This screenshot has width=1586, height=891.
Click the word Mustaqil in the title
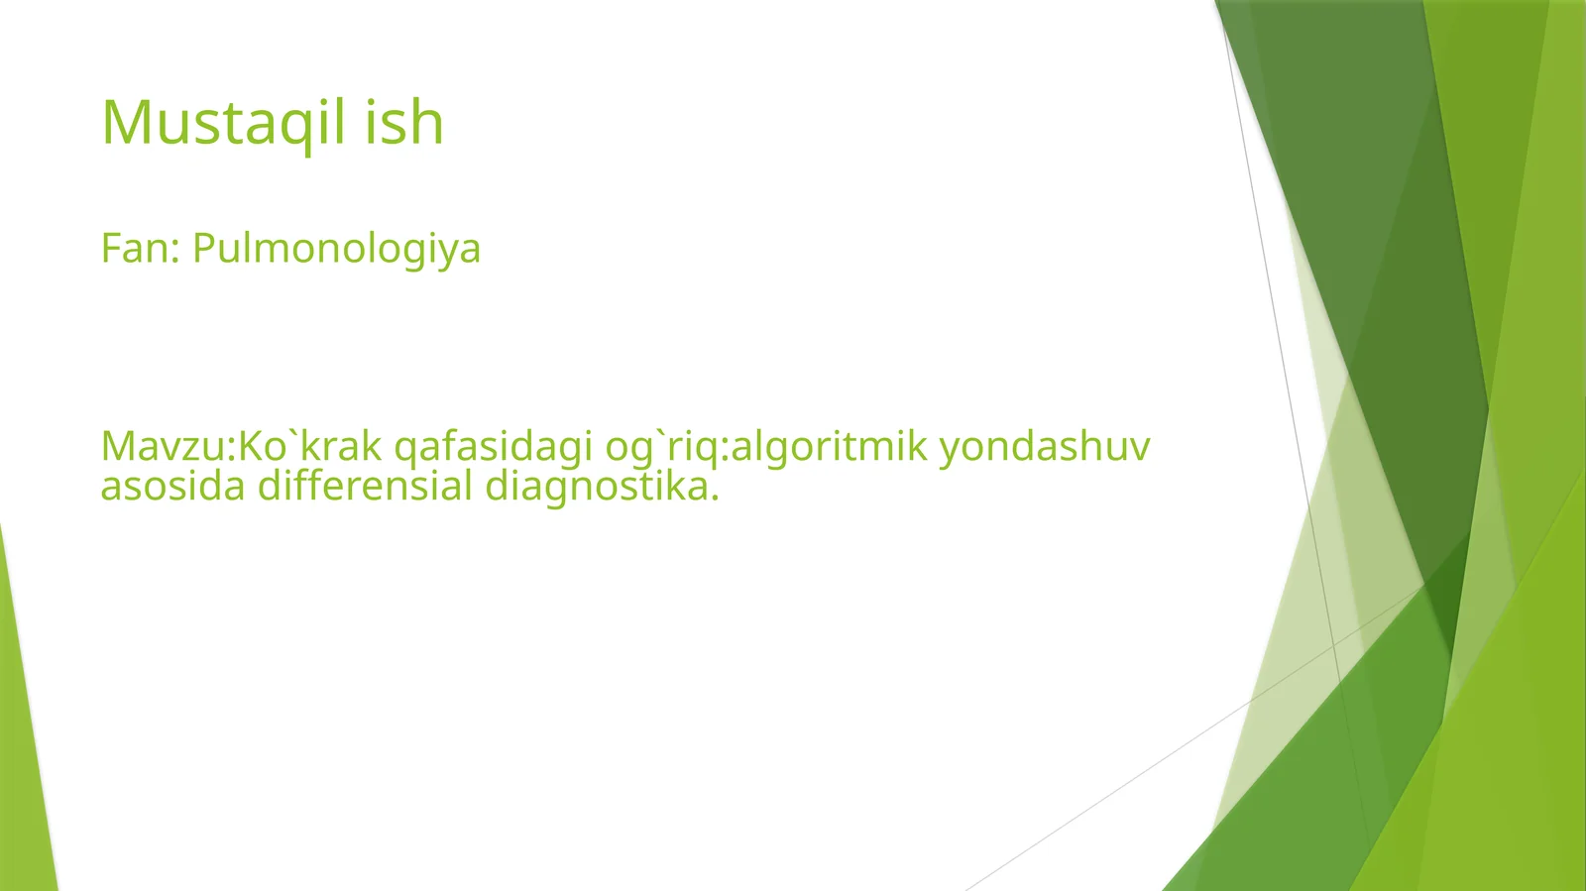[224, 124]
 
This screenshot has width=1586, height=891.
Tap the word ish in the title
[403, 123]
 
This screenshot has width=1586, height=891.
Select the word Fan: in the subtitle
[140, 248]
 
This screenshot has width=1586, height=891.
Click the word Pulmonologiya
[336, 249]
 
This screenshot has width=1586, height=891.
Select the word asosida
[172, 486]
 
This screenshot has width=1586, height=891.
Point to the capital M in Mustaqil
[125, 124]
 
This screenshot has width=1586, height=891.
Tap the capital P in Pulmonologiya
[203, 248]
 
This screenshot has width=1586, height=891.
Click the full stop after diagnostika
[714, 498]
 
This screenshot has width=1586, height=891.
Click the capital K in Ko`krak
[250, 447]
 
